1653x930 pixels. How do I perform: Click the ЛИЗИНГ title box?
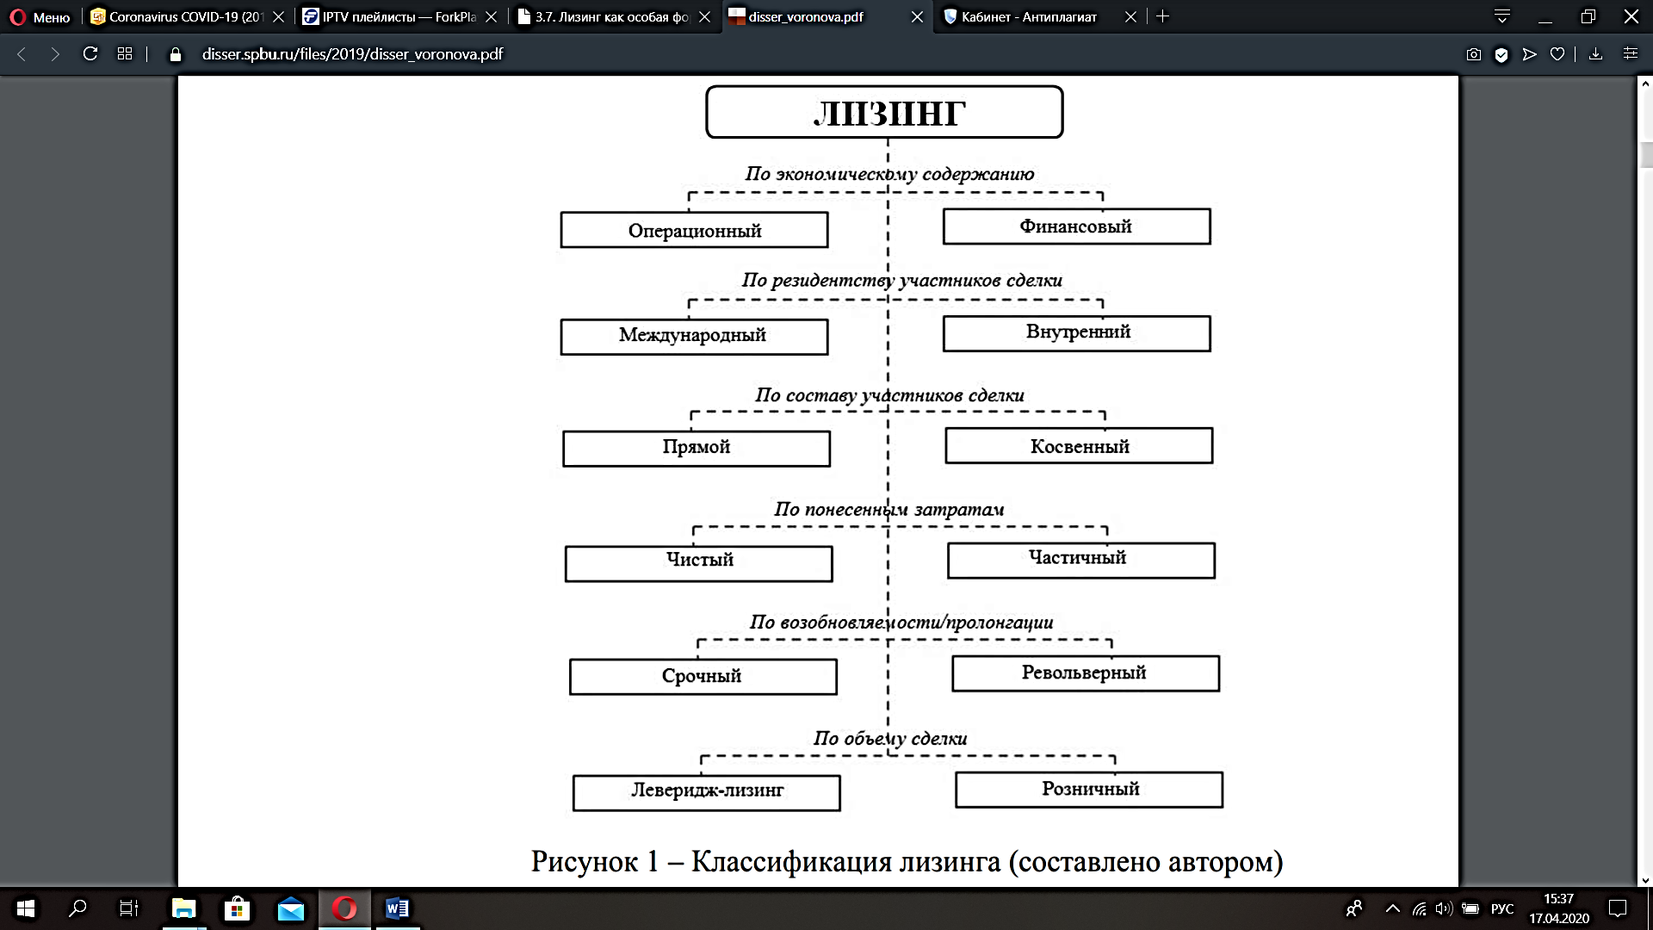click(x=884, y=112)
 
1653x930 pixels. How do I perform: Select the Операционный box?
click(x=694, y=230)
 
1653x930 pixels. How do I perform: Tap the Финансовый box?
click(x=1076, y=226)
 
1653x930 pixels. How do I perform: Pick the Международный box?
click(x=694, y=337)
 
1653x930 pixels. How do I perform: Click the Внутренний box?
click(x=1076, y=333)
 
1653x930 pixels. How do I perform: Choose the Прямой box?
click(x=696, y=449)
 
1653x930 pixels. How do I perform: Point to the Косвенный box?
click(x=1079, y=445)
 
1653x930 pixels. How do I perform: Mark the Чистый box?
click(x=698, y=564)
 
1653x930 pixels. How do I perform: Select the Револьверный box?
click(x=1086, y=673)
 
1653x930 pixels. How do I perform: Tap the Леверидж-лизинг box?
click(x=706, y=793)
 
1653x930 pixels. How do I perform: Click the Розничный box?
click(x=1089, y=790)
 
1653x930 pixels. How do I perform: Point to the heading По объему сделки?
click(x=890, y=739)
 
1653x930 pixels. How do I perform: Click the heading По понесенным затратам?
click(x=889, y=510)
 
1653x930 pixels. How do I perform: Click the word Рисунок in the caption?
click(x=585, y=861)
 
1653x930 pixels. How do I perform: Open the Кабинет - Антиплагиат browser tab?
click(x=1029, y=16)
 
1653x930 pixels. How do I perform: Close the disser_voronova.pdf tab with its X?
click(x=917, y=16)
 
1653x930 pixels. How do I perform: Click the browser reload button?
click(x=90, y=53)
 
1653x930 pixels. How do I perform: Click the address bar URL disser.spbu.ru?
click(x=352, y=54)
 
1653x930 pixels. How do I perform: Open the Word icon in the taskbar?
click(x=397, y=908)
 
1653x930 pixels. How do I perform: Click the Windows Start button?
click(x=26, y=908)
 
